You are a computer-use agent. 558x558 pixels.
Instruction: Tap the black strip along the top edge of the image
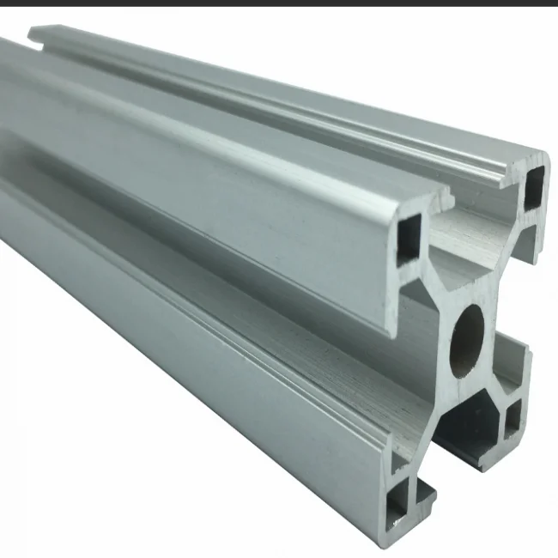279,3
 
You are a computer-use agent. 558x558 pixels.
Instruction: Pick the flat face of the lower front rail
189,361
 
